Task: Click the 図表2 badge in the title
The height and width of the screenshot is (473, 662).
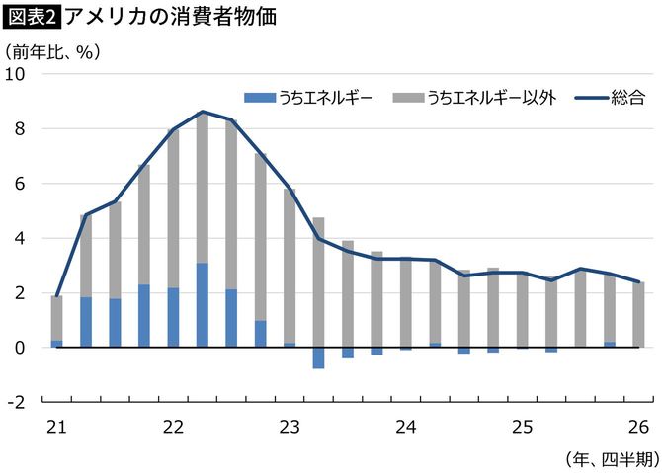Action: pyautogui.click(x=32, y=17)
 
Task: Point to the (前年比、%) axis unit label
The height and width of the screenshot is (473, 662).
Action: pyautogui.click(x=52, y=50)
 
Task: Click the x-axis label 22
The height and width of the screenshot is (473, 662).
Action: pyautogui.click(x=173, y=427)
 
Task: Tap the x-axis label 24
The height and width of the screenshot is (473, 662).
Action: pyautogui.click(x=406, y=427)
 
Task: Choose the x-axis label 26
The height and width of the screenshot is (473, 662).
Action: pyautogui.click(x=638, y=427)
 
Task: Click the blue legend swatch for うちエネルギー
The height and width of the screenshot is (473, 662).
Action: pyautogui.click(x=260, y=97)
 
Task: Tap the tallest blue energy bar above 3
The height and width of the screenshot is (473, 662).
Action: pyautogui.click(x=203, y=305)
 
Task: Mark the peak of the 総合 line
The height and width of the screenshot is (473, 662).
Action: pyautogui.click(x=203, y=112)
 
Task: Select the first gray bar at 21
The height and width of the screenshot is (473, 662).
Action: pyautogui.click(x=57, y=318)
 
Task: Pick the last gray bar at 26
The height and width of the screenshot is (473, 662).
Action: pyautogui.click(x=638, y=314)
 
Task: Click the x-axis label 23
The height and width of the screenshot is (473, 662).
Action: pyautogui.click(x=290, y=427)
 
